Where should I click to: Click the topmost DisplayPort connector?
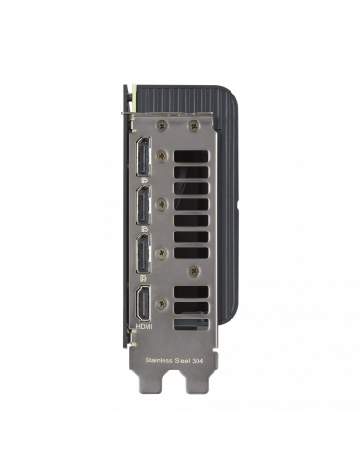click(144, 156)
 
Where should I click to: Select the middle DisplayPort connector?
click(144, 205)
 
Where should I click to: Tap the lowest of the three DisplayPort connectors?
click(144, 254)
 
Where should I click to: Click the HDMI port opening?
click(144, 303)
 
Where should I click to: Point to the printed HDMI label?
click(144, 327)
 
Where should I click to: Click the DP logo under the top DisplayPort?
click(145, 181)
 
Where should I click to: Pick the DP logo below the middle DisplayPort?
click(145, 230)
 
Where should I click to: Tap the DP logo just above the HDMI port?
click(144, 279)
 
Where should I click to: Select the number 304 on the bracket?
click(197, 360)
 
